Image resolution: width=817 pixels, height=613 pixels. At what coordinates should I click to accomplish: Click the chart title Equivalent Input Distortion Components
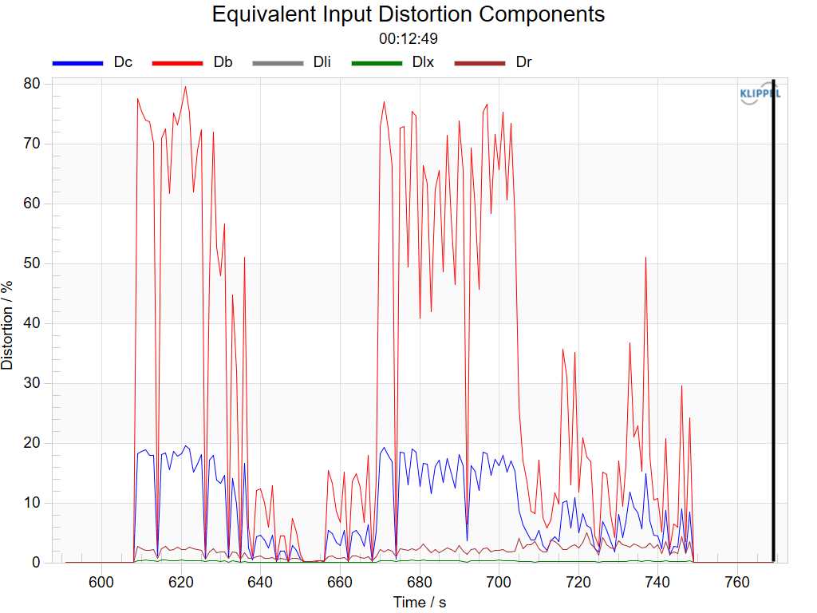pyautogui.click(x=408, y=14)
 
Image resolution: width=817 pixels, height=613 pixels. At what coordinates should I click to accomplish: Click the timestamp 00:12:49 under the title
pyautogui.click(x=408, y=38)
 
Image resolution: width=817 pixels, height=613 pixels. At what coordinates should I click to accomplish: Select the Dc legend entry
pyautogui.click(x=93, y=62)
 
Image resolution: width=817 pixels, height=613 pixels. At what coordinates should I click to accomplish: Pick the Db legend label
pyautogui.click(x=223, y=62)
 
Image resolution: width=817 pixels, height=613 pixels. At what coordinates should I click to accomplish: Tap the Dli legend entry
pyautogui.click(x=292, y=62)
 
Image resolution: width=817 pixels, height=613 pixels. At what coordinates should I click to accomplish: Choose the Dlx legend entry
pyautogui.click(x=393, y=62)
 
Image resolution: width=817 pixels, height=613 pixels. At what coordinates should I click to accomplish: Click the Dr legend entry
pyautogui.click(x=493, y=62)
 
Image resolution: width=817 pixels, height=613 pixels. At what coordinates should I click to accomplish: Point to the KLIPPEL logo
pyautogui.click(x=760, y=93)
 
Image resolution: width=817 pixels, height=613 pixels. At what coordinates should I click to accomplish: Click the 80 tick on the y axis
pyautogui.click(x=32, y=83)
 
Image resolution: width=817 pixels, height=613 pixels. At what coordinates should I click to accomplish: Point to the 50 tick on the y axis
pyautogui.click(x=32, y=263)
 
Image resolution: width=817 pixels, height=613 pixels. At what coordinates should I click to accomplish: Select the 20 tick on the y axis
pyautogui.click(x=32, y=443)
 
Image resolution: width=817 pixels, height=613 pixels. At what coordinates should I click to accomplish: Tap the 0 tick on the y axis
pyautogui.click(x=36, y=563)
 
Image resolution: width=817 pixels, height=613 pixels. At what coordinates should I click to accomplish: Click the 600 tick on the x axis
pyautogui.click(x=101, y=582)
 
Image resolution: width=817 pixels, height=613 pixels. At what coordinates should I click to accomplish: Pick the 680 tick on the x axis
pyautogui.click(x=420, y=582)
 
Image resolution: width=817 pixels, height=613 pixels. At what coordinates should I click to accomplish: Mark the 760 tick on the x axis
pyautogui.click(x=737, y=582)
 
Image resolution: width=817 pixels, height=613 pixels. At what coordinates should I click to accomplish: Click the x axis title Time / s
pyautogui.click(x=420, y=603)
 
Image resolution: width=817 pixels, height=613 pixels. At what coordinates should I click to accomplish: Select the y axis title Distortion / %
pyautogui.click(x=7, y=326)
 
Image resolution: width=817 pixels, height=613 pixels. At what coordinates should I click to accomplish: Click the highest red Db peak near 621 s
pyautogui.click(x=185, y=86)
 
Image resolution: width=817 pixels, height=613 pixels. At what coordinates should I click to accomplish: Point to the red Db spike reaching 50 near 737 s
pyautogui.click(x=646, y=258)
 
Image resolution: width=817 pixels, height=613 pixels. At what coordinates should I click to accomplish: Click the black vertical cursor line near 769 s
pyautogui.click(x=774, y=321)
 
